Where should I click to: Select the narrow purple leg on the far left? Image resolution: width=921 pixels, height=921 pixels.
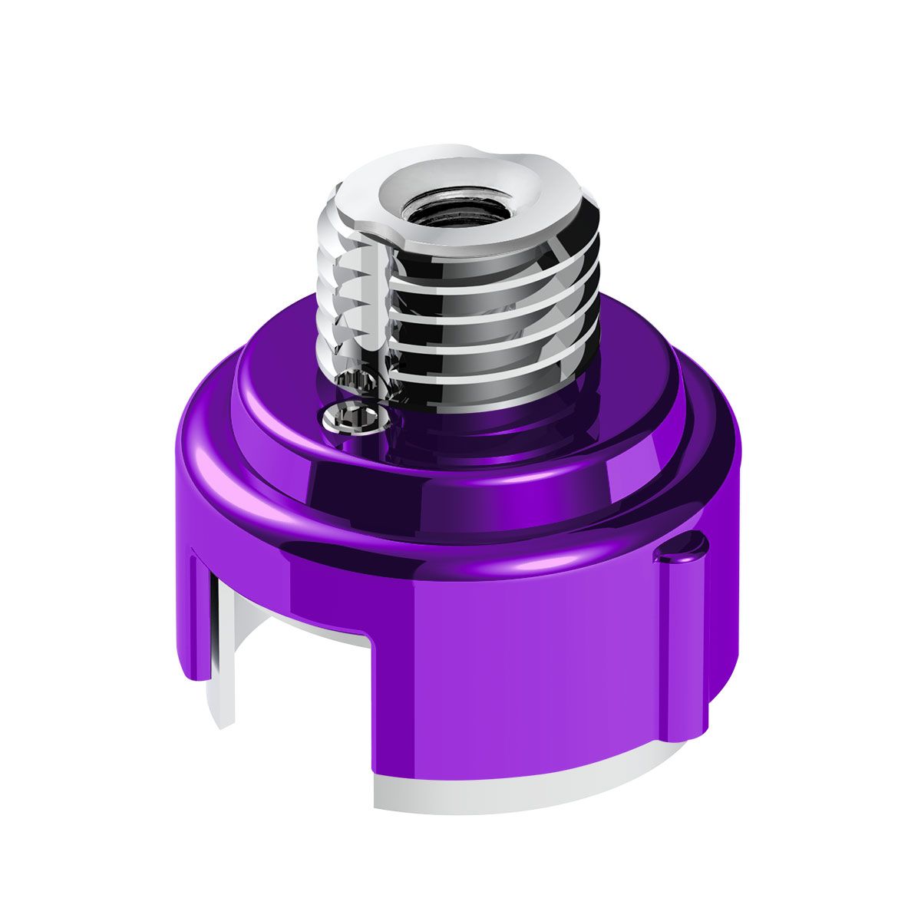pos(198,614)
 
